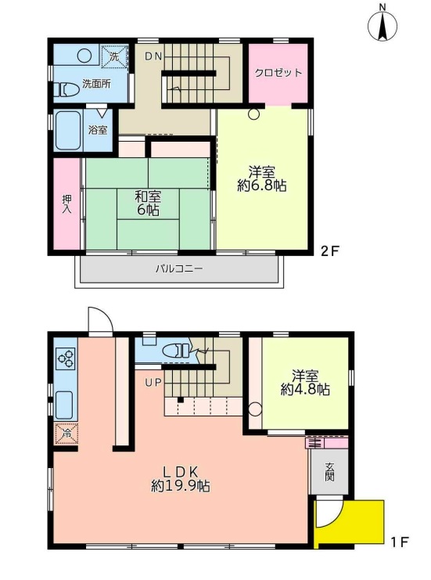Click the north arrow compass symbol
point(383,26)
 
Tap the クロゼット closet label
point(278,73)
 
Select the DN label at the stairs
point(153,56)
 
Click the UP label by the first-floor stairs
point(153,383)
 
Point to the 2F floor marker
point(329,251)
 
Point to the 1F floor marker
point(399,542)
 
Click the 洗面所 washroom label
point(96,84)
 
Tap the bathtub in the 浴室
point(68,130)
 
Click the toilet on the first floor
point(177,351)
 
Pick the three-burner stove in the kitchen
point(66,358)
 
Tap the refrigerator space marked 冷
point(66,433)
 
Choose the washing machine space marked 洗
point(114,56)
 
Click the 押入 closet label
point(67,204)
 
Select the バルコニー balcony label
point(179,268)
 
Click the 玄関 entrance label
point(330,472)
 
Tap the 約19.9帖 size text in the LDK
point(181,485)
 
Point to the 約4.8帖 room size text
point(305,389)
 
